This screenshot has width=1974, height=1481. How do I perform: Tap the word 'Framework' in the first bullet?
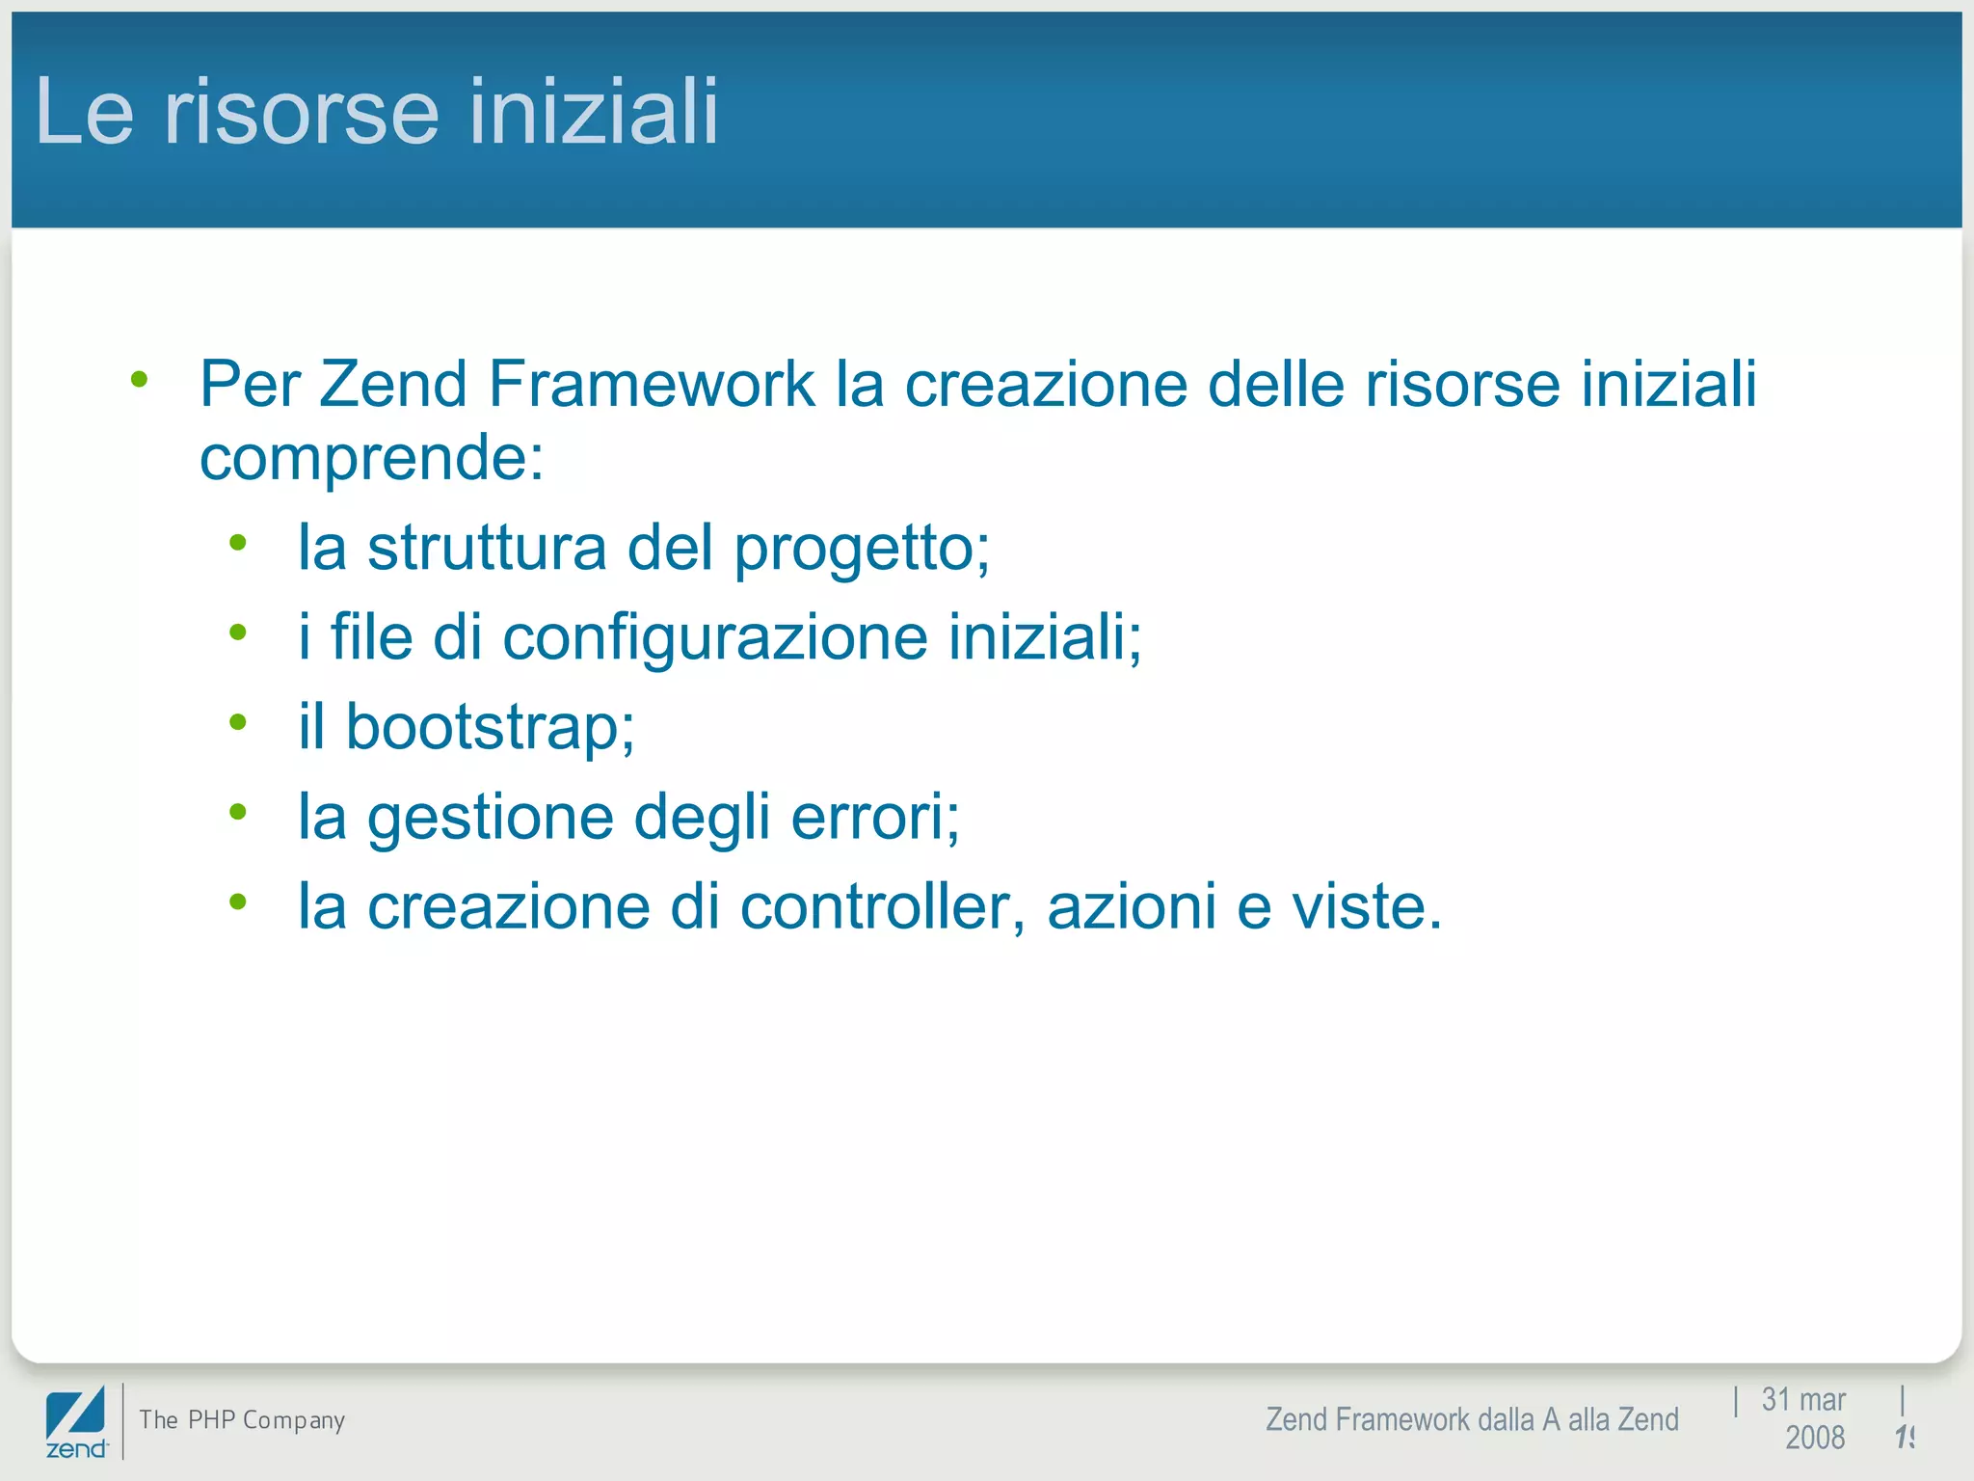click(x=652, y=384)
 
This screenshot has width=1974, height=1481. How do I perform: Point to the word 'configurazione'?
click(x=715, y=638)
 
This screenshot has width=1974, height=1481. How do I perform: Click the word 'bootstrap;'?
click(x=490, y=727)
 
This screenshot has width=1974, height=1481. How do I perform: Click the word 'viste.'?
click(x=1367, y=907)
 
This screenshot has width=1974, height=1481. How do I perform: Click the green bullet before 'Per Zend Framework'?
click(x=140, y=380)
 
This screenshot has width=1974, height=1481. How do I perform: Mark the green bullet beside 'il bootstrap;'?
click(x=238, y=722)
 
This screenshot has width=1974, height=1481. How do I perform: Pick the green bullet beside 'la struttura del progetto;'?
click(x=238, y=543)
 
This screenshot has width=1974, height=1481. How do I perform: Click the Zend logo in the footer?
click(x=76, y=1421)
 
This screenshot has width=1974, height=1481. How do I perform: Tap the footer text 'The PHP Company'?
click(x=242, y=1419)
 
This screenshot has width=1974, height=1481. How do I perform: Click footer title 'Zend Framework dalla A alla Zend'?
click(x=1472, y=1419)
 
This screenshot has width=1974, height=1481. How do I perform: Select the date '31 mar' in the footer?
click(x=1802, y=1399)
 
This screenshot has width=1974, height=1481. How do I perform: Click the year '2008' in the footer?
click(x=1814, y=1438)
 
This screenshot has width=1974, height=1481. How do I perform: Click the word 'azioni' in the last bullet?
click(x=1132, y=907)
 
